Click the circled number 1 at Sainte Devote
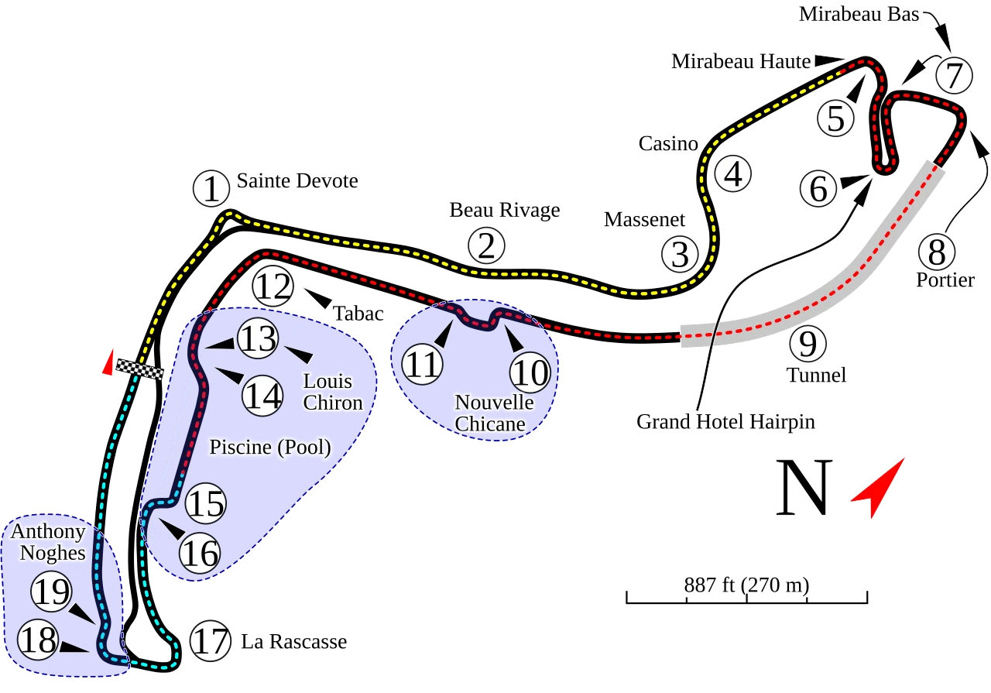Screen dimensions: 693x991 tap(211, 189)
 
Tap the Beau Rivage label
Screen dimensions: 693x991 tap(504, 210)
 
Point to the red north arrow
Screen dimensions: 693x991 tap(880, 485)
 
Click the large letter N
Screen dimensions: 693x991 tap(805, 489)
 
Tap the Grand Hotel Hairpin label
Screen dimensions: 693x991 tap(725, 422)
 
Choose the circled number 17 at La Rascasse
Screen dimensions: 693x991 tap(211, 641)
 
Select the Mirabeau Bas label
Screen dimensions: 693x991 tap(859, 15)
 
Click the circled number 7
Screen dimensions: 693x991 tap(954, 77)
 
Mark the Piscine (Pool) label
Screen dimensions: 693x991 tap(270, 448)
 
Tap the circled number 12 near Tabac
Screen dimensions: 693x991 tap(274, 286)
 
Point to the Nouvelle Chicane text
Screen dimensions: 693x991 tap(494, 413)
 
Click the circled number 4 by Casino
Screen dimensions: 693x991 tap(733, 173)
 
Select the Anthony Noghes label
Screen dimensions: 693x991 tap(47, 542)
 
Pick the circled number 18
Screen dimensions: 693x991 tap(37, 640)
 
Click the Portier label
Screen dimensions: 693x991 tap(945, 280)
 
